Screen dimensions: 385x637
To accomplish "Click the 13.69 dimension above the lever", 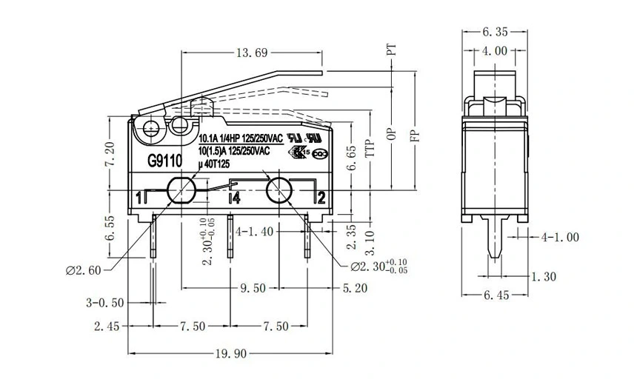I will tap(251, 53).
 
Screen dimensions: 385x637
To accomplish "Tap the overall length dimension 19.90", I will tap(230, 354).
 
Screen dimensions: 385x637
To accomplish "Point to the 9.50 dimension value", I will tap(251, 288).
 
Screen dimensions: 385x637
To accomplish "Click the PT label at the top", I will tap(392, 50).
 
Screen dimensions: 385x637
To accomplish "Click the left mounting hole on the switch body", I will tap(181, 191).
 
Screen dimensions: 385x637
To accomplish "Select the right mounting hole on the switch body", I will tap(279, 191).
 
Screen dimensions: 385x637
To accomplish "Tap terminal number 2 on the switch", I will tap(321, 197).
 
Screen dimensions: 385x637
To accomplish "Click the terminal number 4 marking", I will tap(234, 198).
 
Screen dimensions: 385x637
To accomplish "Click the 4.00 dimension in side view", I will tap(495, 51).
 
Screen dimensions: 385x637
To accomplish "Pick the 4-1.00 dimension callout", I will tap(559, 238).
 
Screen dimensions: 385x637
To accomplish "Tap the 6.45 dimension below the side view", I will tap(496, 295).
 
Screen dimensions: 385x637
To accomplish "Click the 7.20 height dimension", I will tap(110, 153).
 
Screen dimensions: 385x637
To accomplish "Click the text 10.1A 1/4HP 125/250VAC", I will tap(241, 138).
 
